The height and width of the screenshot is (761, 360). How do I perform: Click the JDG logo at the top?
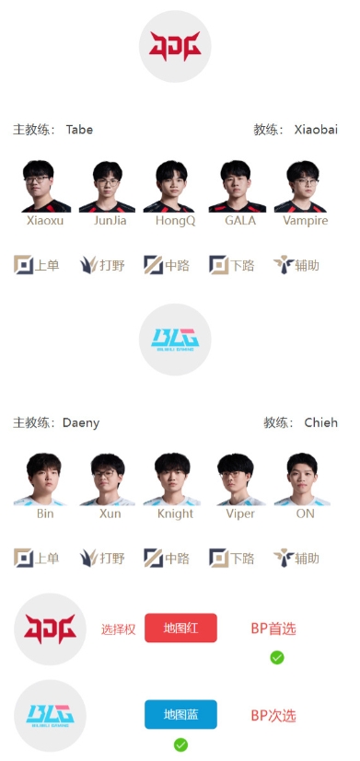tap(175, 47)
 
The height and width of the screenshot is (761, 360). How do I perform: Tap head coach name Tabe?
tap(79, 130)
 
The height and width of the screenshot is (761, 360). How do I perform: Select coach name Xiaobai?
tap(316, 130)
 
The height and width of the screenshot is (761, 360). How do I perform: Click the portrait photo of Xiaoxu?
tap(46, 186)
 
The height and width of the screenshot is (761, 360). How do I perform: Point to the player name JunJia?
tap(110, 221)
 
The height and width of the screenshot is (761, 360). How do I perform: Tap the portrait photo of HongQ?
tap(175, 186)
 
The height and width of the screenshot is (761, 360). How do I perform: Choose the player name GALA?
tap(240, 221)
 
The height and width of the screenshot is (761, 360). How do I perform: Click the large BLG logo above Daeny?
tap(175, 340)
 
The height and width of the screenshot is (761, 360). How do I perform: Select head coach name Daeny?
tap(81, 423)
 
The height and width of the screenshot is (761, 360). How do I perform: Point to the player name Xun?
tap(110, 513)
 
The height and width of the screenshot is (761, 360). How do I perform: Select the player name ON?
tap(306, 513)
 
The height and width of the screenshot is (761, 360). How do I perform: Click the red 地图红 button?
tap(180, 628)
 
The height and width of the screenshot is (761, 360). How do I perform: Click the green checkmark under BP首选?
tap(277, 657)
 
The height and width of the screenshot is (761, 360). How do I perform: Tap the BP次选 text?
tap(273, 715)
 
